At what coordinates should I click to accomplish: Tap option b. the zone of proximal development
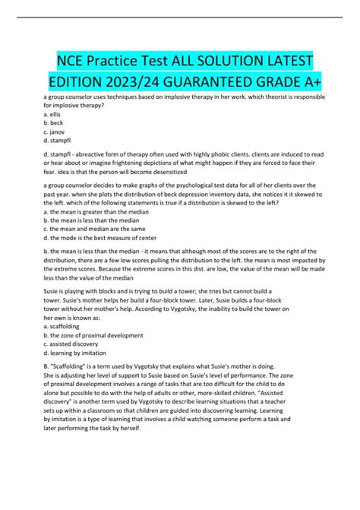[94, 350]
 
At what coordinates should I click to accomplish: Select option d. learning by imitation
[80, 368]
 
